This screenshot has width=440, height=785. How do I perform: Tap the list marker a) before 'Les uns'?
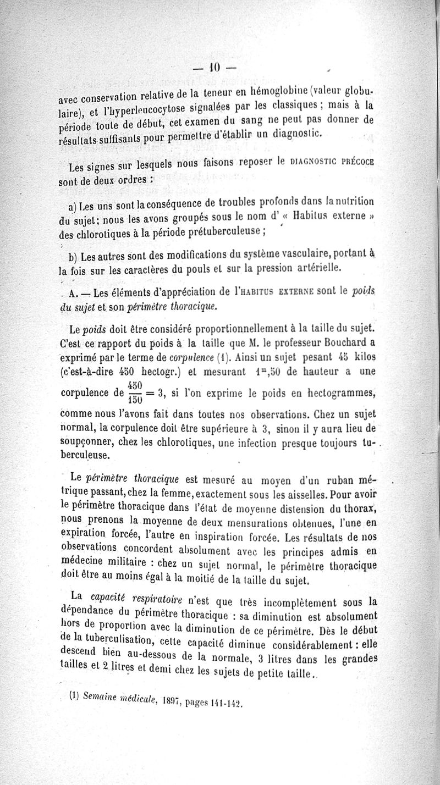pyautogui.click(x=72, y=207)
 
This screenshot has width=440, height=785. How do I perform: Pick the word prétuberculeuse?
pyautogui.click(x=221, y=231)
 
